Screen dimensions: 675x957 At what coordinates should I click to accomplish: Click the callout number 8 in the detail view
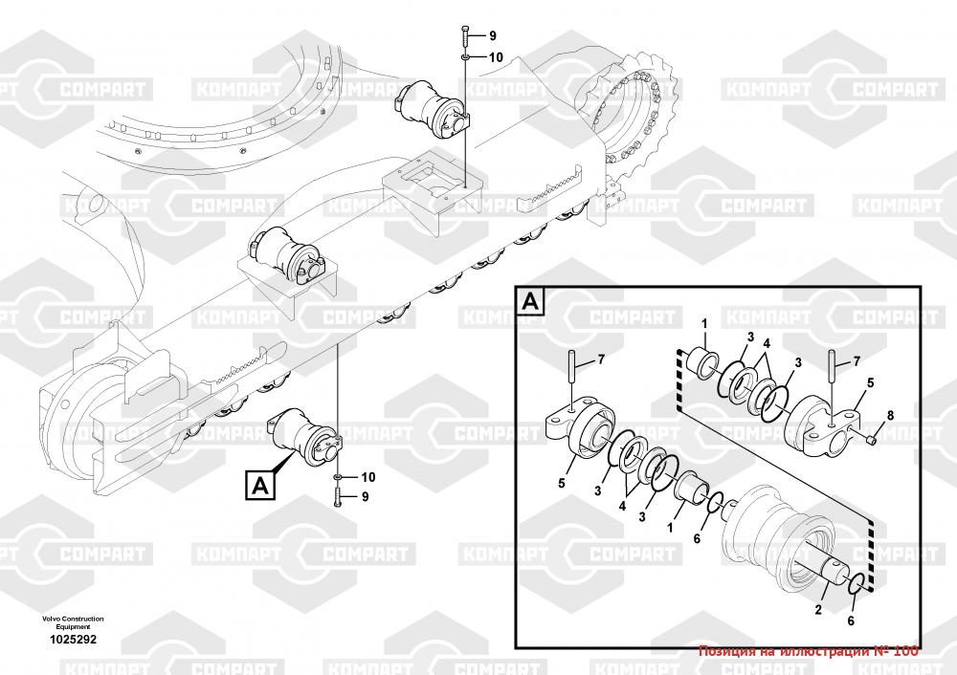889,415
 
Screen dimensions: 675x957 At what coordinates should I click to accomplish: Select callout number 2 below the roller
819,608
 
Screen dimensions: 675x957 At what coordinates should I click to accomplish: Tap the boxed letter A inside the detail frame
532,303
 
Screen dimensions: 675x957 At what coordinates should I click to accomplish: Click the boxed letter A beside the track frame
259,485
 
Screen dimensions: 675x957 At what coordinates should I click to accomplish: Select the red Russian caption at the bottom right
809,651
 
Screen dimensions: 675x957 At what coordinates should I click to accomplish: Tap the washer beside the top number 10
464,57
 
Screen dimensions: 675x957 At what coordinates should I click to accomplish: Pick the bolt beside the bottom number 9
339,495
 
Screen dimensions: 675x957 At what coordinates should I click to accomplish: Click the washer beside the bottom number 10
339,476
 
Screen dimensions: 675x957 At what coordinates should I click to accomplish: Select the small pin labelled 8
871,438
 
